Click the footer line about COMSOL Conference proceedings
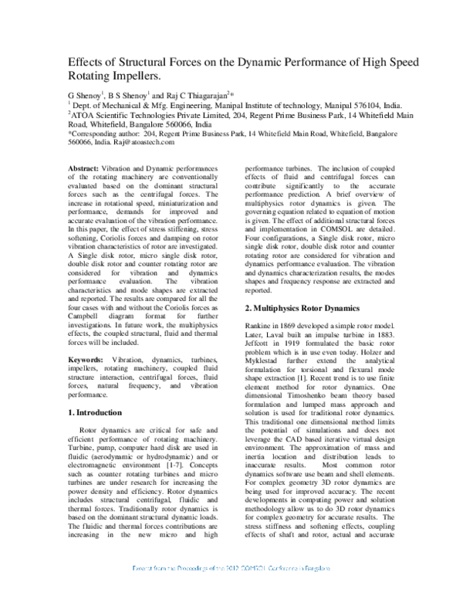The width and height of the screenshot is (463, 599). [x=231, y=590]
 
